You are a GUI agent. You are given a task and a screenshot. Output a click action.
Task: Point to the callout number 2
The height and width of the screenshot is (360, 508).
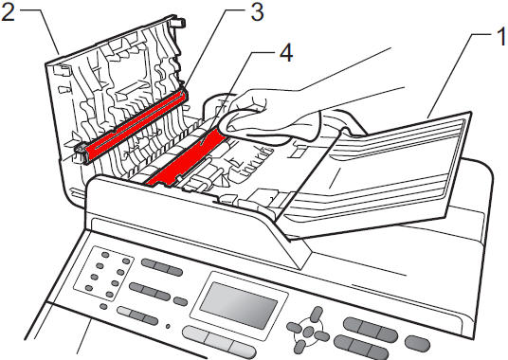pyautogui.click(x=8, y=12)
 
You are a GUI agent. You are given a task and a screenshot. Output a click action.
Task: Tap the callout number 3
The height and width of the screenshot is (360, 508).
pyautogui.click(x=257, y=12)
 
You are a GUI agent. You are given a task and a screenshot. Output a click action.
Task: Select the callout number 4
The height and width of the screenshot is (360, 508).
pyautogui.click(x=286, y=53)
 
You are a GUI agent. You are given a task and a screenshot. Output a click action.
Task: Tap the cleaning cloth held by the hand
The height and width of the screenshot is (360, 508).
pyautogui.click(x=270, y=127)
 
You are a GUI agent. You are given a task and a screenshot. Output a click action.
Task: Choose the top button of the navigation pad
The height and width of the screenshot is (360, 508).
pyautogui.click(x=317, y=315)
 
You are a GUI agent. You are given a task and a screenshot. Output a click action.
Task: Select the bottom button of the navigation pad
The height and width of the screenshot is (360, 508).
pyautogui.click(x=300, y=347)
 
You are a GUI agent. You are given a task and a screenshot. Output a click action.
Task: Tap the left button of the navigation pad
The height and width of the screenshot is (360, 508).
pyautogui.click(x=294, y=327)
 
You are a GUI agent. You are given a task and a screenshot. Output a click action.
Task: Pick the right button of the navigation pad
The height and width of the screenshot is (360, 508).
pyautogui.click(x=321, y=335)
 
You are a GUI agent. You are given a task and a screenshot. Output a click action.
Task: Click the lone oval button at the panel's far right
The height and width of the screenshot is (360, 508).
pyautogui.click(x=418, y=344)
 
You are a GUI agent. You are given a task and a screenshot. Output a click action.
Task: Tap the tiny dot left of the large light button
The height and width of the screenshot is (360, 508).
pyautogui.click(x=168, y=326)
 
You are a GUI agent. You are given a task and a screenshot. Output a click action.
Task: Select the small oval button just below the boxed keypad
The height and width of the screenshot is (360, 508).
pyautogui.click(x=103, y=306)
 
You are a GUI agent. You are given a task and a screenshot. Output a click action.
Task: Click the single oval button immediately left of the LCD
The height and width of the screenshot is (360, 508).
pyautogui.click(x=180, y=301)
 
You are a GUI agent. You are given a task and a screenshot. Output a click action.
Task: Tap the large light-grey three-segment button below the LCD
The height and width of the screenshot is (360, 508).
pyautogui.click(x=219, y=343)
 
